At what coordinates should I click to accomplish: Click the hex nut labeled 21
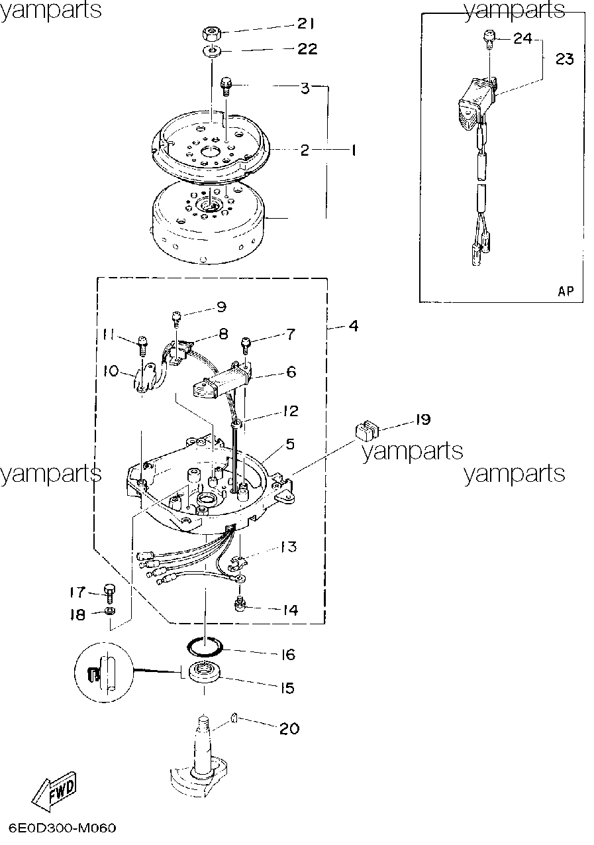click(212, 34)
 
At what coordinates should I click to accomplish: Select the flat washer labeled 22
click(213, 50)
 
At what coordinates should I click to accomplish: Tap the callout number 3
click(305, 88)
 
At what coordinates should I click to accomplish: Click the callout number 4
click(353, 325)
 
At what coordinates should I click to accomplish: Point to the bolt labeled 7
click(246, 345)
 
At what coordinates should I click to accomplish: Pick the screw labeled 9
click(176, 317)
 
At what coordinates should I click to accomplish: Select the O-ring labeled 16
click(205, 647)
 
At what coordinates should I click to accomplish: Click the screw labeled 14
click(240, 604)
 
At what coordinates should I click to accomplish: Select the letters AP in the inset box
click(566, 291)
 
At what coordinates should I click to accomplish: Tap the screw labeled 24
click(489, 39)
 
